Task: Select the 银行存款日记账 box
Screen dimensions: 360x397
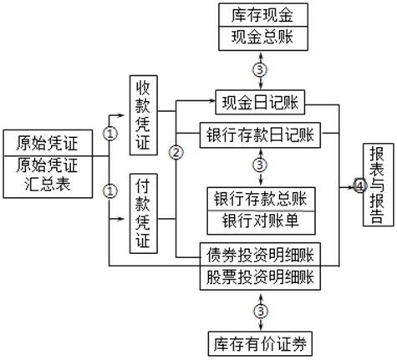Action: (x=261, y=134)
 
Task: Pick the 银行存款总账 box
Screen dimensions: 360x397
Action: (x=260, y=199)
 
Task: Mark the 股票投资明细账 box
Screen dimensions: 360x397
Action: (x=262, y=276)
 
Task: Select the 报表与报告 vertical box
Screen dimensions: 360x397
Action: (x=375, y=185)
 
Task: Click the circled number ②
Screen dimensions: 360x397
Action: (x=176, y=152)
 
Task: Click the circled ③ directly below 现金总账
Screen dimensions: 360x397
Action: (x=262, y=68)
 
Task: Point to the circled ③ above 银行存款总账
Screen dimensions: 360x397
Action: (x=261, y=166)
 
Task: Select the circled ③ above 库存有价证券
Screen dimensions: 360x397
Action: (x=261, y=310)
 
